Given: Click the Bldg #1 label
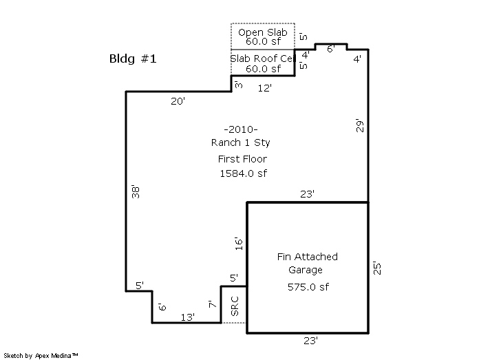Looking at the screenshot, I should click(134, 59).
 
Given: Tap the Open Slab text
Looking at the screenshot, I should click(262, 33).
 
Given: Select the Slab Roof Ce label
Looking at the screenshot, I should click(262, 59).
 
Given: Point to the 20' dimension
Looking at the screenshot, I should click(179, 101).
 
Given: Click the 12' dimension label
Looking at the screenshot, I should click(264, 88).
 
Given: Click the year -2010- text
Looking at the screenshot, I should click(240, 129).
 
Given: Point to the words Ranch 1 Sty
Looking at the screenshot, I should click(240, 142).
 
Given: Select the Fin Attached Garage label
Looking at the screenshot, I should click(308, 263).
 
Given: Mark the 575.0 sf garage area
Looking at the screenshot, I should click(308, 287).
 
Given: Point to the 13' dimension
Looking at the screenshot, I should click(187, 317).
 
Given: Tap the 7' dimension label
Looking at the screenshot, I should click(211, 304).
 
